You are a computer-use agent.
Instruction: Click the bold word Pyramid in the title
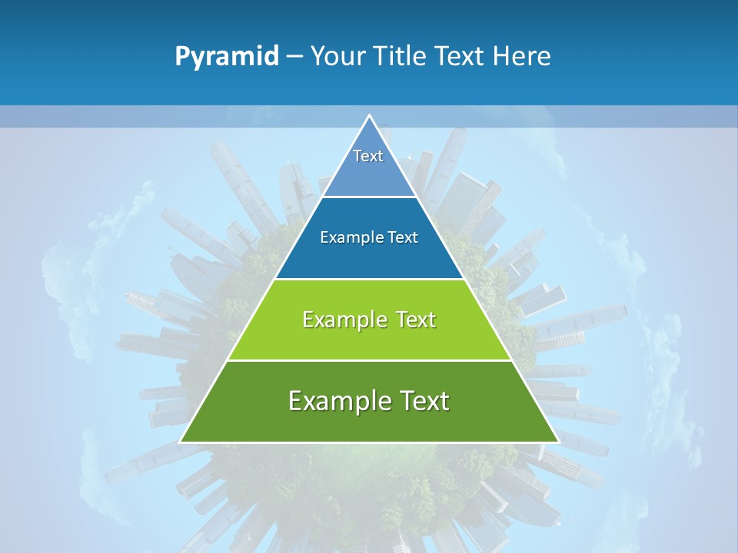tap(226, 57)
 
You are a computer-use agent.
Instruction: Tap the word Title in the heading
tap(404, 57)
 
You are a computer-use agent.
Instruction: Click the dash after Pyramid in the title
tap(294, 57)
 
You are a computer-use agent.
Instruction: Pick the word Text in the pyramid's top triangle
tap(368, 156)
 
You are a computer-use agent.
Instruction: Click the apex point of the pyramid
tap(369, 116)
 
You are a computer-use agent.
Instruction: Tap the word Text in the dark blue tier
tap(404, 237)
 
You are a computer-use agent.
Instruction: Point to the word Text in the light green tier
tap(415, 320)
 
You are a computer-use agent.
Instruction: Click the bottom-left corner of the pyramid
tap(181, 442)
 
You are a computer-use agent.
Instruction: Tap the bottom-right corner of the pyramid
tap(558, 442)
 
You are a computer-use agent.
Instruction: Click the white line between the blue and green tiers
tap(369, 279)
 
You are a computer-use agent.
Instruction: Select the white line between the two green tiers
tap(369, 360)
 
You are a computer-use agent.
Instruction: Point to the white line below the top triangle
tap(369, 197)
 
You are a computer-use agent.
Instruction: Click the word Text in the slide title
tap(460, 57)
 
